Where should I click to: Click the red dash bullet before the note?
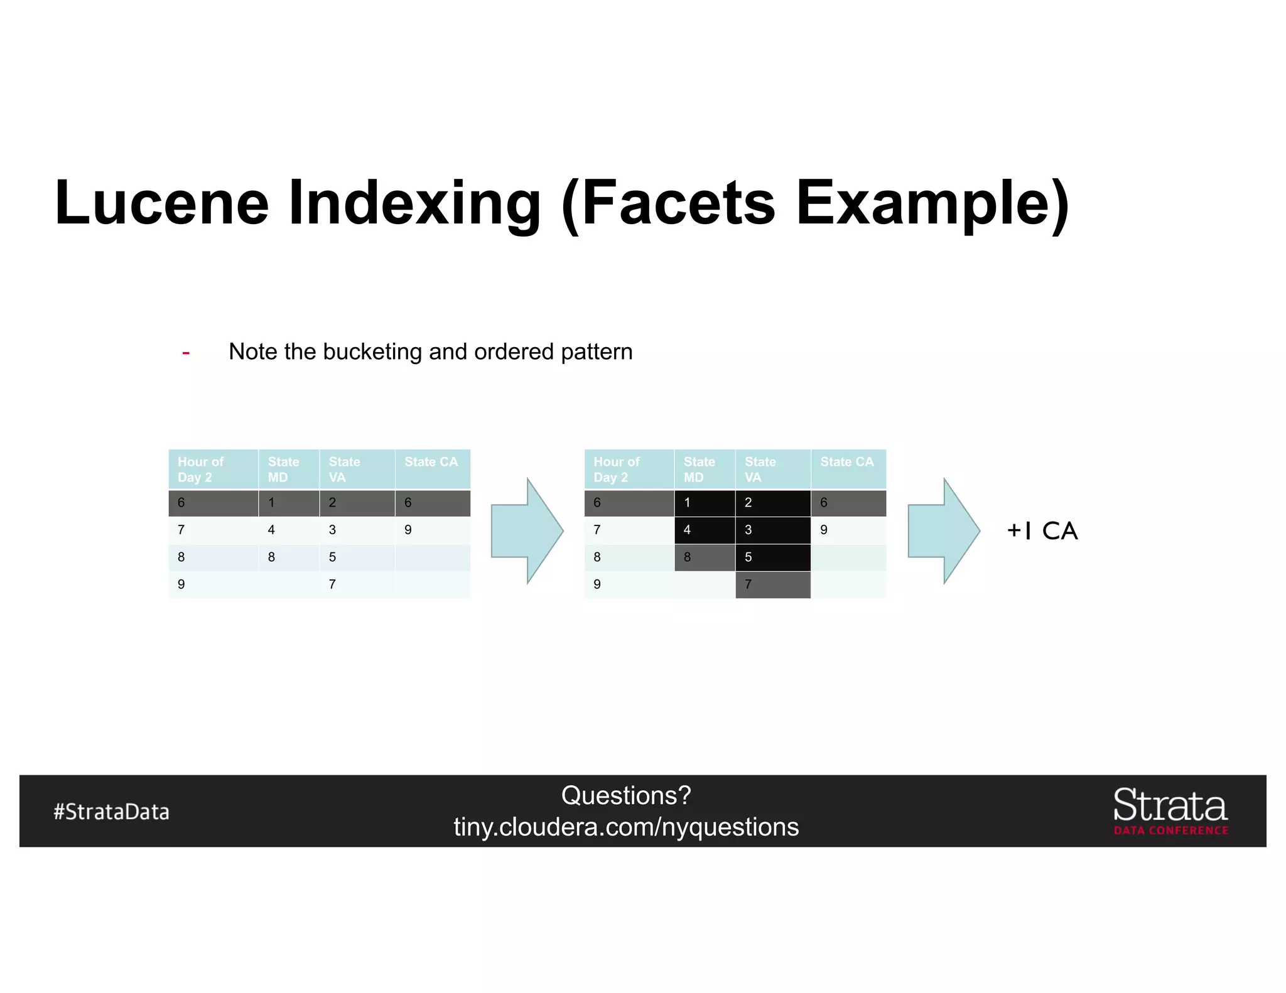[186, 353]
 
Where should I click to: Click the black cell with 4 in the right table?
[705, 530]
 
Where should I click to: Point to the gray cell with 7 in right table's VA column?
[772, 584]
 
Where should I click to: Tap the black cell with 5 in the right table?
[772, 557]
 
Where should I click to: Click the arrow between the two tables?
[527, 531]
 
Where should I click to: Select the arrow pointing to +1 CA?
[943, 531]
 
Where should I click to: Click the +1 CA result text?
[1042, 531]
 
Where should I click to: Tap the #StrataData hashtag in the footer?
[111, 812]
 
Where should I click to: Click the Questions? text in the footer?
[626, 795]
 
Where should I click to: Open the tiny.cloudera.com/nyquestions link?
[626, 827]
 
